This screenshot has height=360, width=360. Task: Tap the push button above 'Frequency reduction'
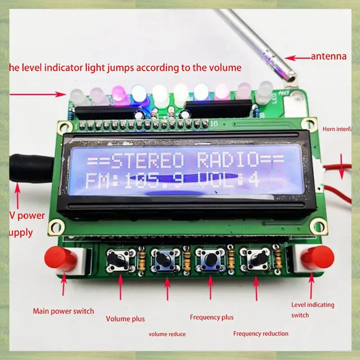pyautogui.click(x=256, y=260)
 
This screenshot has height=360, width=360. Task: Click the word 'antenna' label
pyautogui.click(x=328, y=57)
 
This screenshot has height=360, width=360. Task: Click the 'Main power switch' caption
pyautogui.click(x=63, y=311)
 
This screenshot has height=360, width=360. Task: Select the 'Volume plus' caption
pyautogui.click(x=126, y=319)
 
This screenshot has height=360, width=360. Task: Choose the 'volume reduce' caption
pyautogui.click(x=167, y=334)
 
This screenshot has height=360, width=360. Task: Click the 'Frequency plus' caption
pyautogui.click(x=211, y=317)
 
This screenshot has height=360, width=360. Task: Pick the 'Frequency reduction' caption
pyautogui.click(x=261, y=333)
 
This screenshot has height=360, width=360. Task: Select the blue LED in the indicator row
pyautogui.click(x=139, y=94)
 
